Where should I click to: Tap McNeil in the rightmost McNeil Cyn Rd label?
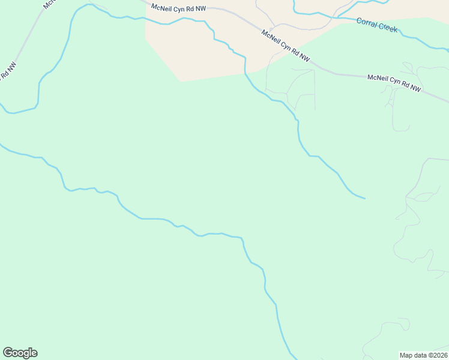coord(379,78)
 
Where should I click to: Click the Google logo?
coord(20,353)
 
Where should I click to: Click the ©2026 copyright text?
coord(436,355)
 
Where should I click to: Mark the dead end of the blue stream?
coord(364,198)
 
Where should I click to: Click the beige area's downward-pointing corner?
coord(180,81)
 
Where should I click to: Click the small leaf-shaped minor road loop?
coord(427,197)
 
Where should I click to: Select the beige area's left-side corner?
coord(146,39)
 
